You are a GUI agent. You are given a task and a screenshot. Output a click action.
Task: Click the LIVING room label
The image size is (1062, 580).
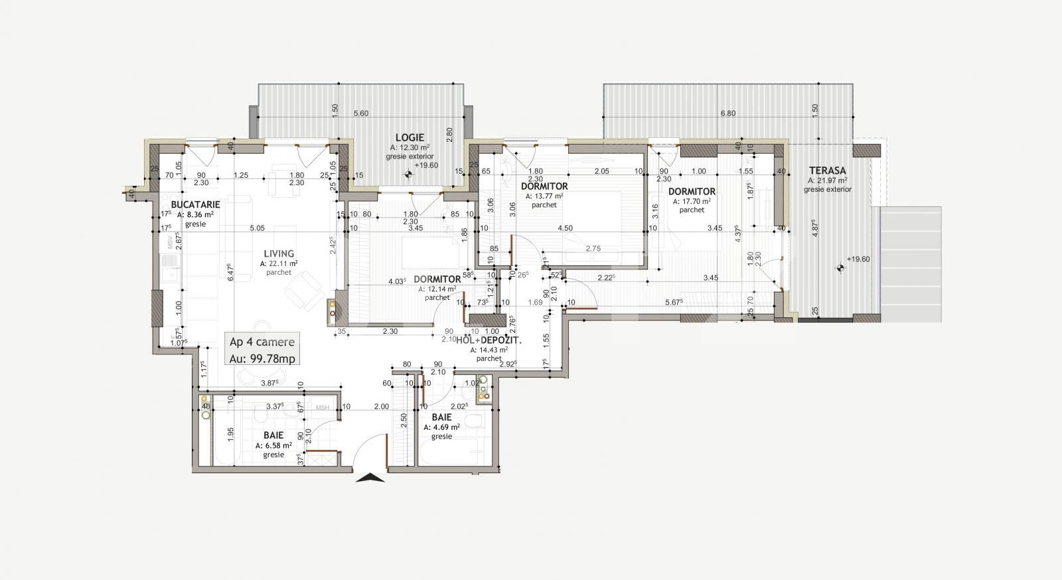coord(279,254)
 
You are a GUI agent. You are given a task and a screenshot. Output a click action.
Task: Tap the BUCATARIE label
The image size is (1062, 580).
coord(195,204)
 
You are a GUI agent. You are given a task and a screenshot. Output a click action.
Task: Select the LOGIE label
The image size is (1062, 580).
coord(410,137)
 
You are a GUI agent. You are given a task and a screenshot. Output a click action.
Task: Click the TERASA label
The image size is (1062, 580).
coord(827,171)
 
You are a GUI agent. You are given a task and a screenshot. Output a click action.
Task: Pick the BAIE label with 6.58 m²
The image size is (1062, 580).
coord(273,435)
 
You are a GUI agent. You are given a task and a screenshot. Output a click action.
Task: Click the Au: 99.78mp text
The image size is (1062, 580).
coord(262,358)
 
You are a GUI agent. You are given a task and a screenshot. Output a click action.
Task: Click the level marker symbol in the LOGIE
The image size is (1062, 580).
coord(409,175)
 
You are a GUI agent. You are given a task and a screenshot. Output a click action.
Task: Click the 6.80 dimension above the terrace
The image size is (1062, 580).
coord(727,113)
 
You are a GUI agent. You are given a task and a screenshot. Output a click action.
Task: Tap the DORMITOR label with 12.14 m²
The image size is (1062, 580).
coord(437,279)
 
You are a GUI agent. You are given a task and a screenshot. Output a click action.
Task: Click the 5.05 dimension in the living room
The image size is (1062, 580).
coord(258,228)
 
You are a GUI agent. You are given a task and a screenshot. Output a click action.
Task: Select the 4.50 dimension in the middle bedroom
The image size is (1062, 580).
coord(565,228)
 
